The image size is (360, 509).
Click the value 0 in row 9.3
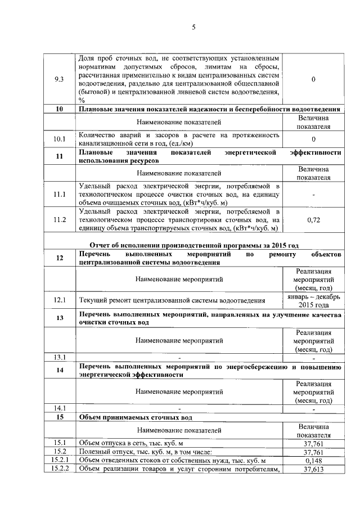pyautogui.click(x=313, y=79)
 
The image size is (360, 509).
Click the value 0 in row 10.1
pyautogui.click(x=313, y=139)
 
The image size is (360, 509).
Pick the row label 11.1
pyautogui.click(x=59, y=195)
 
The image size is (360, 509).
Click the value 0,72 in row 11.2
pyautogui.click(x=313, y=220)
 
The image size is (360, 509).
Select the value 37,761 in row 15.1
pyautogui.click(x=313, y=443)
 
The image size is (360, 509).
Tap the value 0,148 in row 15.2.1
pyautogui.click(x=313, y=461)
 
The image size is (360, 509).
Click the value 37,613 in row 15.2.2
pyautogui.click(x=313, y=470)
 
